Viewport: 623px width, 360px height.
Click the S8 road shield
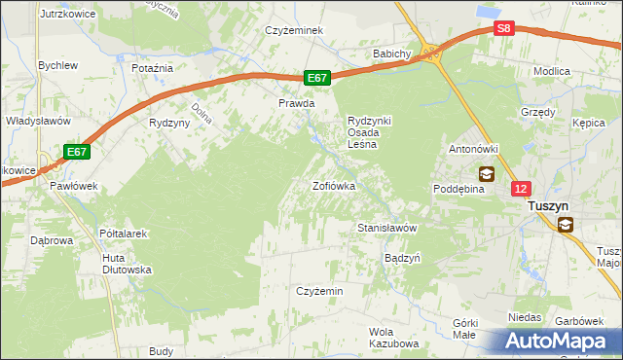pos(502,29)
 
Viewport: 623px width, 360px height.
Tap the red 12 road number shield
pos(522,190)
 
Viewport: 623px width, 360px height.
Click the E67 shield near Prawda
pos(317,78)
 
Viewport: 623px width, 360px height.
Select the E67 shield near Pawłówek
pos(78,152)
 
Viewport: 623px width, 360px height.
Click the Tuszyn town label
pos(553,206)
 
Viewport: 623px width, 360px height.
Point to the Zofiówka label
pos(333,185)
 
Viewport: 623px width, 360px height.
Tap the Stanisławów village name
pos(387,228)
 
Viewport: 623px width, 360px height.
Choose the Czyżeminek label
pos(295,30)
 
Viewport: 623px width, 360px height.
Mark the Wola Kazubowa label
pos(393,338)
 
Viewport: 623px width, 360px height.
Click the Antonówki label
pos(473,149)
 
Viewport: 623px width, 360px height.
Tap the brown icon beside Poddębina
pos(486,174)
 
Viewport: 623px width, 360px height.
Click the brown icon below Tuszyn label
pos(566,226)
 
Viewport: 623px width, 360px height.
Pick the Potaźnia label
pos(152,68)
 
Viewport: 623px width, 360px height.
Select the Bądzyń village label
pos(402,259)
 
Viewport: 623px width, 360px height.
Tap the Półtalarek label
pos(123,234)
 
